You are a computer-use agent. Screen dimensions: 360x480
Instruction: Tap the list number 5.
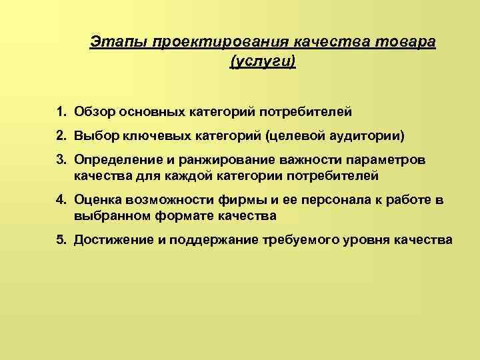coord(61,240)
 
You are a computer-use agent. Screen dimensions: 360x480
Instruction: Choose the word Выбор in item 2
coord(97,136)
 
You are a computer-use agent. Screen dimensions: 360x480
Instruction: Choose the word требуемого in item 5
coord(297,240)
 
